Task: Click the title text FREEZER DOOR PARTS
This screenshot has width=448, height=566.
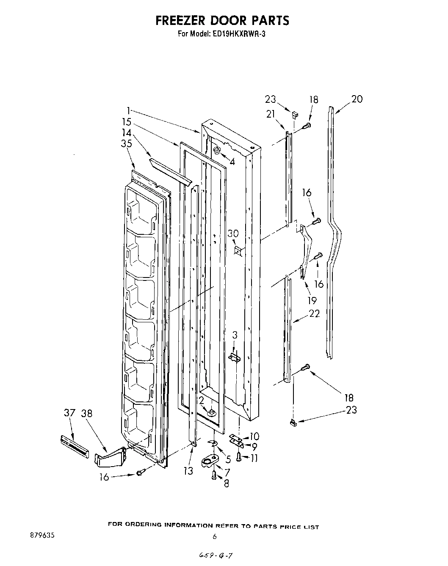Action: click(222, 20)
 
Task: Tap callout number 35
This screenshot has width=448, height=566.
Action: click(126, 144)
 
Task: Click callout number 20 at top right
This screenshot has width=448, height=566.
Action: click(357, 99)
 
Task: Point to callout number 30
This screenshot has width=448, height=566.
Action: click(233, 234)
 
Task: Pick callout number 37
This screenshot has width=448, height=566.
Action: click(69, 413)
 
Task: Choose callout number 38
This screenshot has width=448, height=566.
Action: click(87, 413)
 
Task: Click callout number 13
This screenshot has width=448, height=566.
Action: click(188, 471)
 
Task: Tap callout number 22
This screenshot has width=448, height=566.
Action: click(314, 313)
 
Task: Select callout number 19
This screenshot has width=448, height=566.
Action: click(312, 300)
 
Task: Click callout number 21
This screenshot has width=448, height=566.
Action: click(271, 113)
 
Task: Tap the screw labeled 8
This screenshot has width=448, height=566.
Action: click(214, 476)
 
